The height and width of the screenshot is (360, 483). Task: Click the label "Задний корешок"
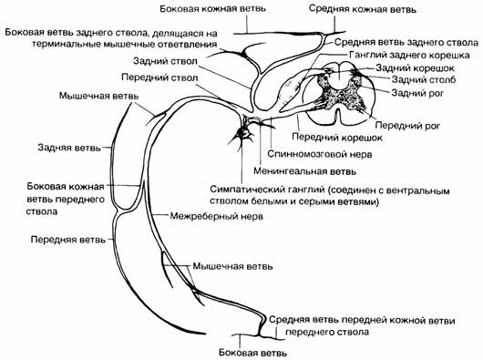pyautogui.click(x=415, y=67)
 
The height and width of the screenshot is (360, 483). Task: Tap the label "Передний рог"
pyautogui.click(x=408, y=126)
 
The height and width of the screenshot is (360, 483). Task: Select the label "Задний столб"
pyautogui.click(x=424, y=80)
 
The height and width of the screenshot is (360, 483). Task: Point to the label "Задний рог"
pyautogui.click(x=417, y=92)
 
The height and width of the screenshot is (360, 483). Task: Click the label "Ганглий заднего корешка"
pyautogui.click(x=409, y=55)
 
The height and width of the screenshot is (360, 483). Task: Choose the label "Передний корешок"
pyautogui.click(x=337, y=137)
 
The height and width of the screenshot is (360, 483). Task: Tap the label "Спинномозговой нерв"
pyautogui.click(x=320, y=154)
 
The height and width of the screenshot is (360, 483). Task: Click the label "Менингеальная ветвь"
pyautogui.click(x=304, y=171)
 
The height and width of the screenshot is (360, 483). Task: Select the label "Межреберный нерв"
pyautogui.click(x=217, y=216)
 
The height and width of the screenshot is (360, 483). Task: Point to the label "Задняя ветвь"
pyautogui.click(x=69, y=148)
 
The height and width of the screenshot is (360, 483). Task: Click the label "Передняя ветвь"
pyautogui.click(x=68, y=240)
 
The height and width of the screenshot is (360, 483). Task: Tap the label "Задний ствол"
pyautogui.click(x=165, y=61)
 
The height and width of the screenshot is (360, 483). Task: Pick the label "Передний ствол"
pyautogui.click(x=159, y=77)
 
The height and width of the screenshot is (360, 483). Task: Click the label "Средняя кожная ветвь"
pyautogui.click(x=363, y=9)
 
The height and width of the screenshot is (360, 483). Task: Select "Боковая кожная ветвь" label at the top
pyautogui.click(x=212, y=8)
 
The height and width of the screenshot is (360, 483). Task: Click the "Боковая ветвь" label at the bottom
pyautogui.click(x=252, y=353)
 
